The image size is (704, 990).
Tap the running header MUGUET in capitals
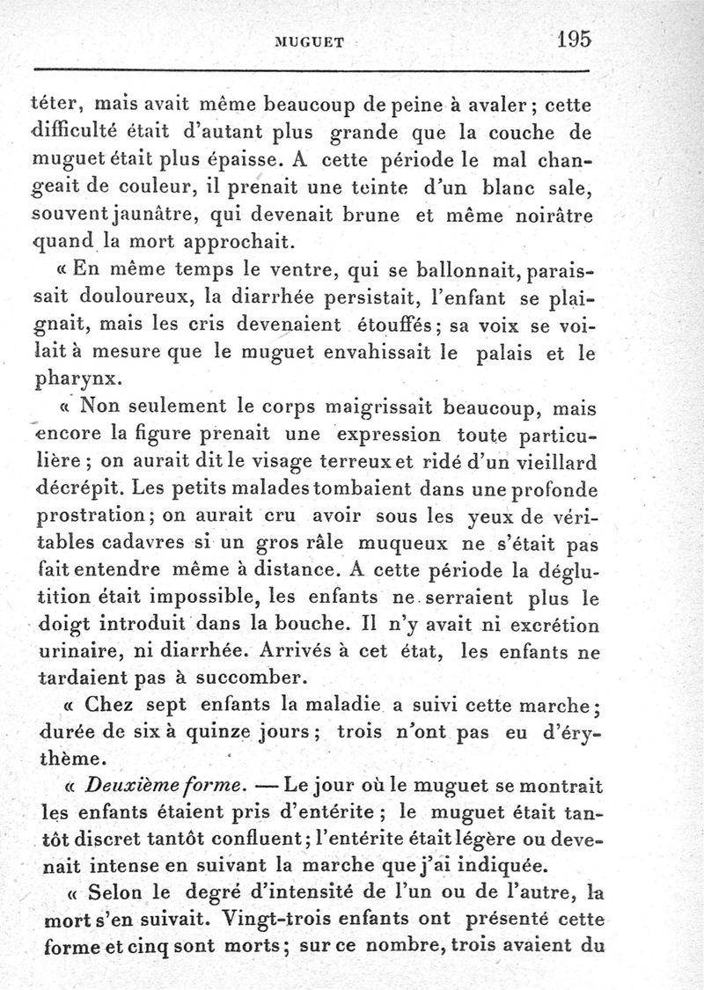[313, 40]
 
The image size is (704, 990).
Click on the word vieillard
[546, 462]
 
